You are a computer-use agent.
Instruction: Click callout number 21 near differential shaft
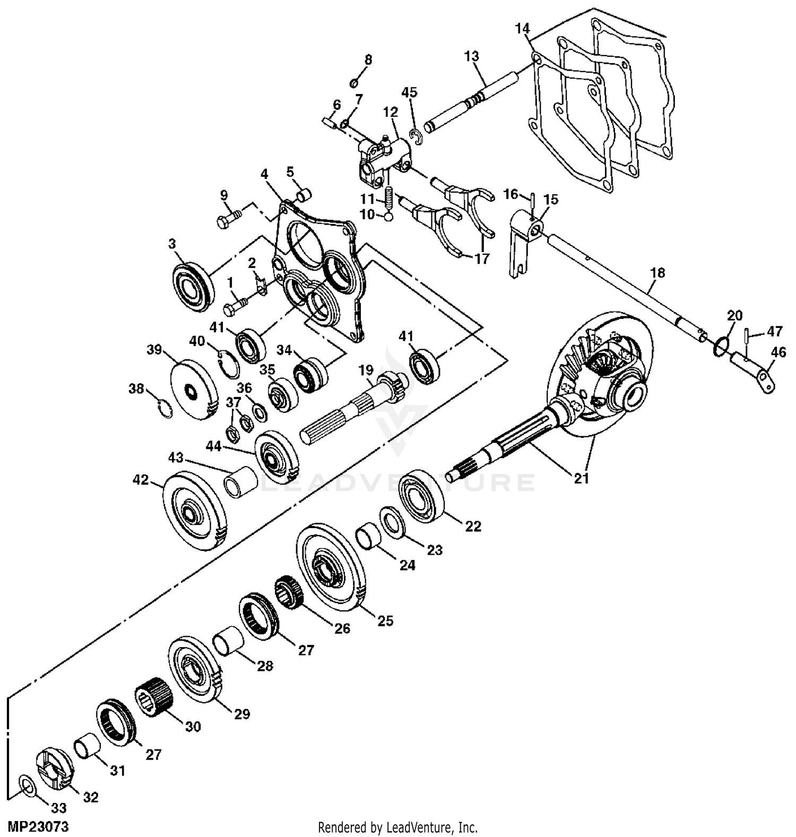coord(582,479)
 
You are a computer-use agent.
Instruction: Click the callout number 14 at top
coord(522,29)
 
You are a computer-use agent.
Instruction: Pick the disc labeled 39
coord(194,390)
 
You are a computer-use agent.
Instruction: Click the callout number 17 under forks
coord(482,259)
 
